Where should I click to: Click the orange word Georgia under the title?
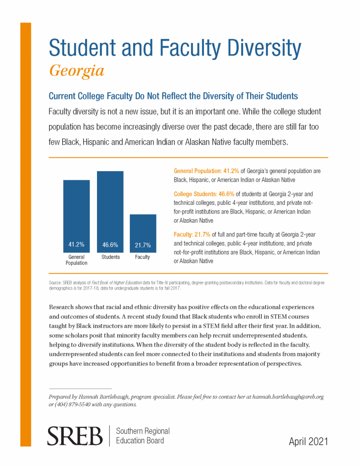pos(77,71)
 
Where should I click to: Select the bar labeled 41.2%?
pos(77,216)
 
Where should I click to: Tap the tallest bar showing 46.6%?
pos(110,212)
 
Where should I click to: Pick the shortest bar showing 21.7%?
pos(143,233)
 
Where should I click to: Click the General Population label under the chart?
pos(77,260)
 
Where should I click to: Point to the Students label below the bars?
pos(111,257)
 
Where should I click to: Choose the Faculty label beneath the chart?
pos(142,257)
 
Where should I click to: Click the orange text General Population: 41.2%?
pos(206,171)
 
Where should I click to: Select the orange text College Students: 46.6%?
pos(204,194)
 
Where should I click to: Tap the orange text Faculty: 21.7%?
pos(192,234)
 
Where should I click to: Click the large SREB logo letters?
pos(75,436)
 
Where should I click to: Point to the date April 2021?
pos(308,441)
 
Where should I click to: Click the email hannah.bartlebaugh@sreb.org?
pos(288,397)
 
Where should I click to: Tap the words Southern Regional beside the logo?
pos(143,431)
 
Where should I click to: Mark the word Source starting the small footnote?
pos(55,282)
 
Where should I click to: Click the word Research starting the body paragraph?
pos(61,307)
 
